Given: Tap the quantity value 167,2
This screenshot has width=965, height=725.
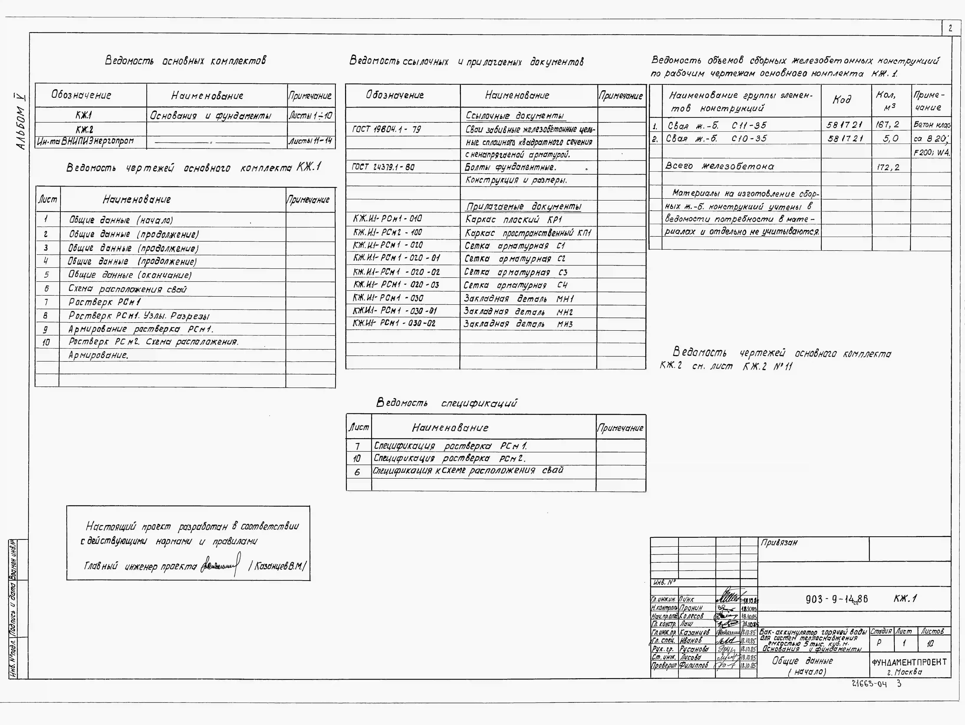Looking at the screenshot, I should [x=887, y=125].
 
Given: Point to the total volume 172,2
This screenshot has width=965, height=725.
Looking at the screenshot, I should [x=887, y=167].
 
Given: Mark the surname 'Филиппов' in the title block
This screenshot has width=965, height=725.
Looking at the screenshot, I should [x=694, y=665].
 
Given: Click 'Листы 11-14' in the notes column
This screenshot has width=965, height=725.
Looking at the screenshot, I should [x=311, y=141].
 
